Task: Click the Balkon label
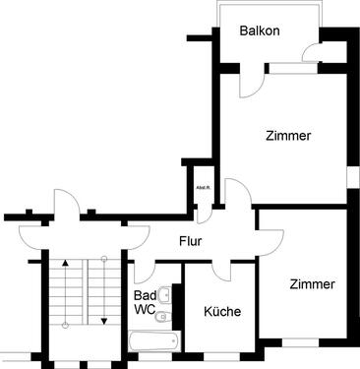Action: tap(260, 31)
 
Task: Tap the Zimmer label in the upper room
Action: tap(288, 136)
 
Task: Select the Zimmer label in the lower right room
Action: tap(311, 283)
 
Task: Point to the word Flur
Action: tap(191, 241)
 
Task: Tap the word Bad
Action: tap(145, 295)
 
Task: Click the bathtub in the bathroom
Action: tap(154, 340)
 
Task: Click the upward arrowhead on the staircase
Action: tap(65, 263)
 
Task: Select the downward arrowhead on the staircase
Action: tap(103, 320)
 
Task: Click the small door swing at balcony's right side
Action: tap(311, 54)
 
